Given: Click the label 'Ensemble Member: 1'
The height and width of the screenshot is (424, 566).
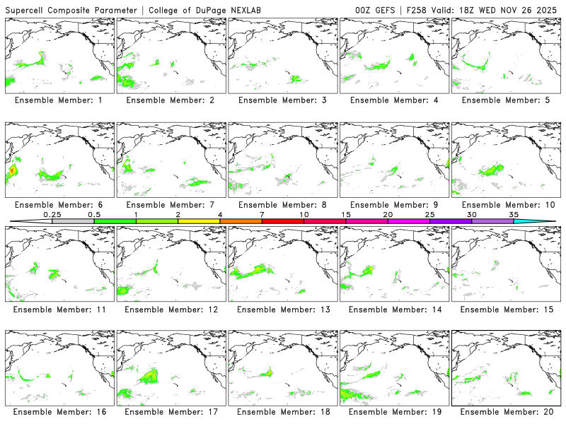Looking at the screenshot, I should click(58, 100).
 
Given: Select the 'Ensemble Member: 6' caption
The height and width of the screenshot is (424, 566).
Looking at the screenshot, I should click(58, 205).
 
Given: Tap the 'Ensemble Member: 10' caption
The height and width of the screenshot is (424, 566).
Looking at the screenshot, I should click(506, 205).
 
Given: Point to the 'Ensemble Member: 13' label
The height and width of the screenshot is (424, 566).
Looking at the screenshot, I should click(282, 310).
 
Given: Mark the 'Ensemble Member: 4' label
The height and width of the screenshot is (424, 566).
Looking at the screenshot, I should click(394, 100).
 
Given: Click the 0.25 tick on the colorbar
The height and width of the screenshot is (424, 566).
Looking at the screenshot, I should click(52, 213).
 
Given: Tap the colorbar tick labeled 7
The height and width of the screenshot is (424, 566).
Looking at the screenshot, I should click(262, 213).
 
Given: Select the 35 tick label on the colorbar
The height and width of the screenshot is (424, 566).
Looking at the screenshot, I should click(514, 213).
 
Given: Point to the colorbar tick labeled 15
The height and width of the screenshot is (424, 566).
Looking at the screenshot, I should click(346, 213).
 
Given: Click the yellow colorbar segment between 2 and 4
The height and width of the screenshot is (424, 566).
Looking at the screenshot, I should click(199, 221).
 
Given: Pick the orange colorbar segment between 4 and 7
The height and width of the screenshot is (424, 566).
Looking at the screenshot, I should click(241, 221).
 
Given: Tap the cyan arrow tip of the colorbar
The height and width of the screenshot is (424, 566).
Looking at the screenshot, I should click(545, 221).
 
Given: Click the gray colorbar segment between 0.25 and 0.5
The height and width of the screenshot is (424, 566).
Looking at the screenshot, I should click(73, 221).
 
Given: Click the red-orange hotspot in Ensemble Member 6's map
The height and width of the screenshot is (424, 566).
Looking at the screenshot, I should click(12, 172).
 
